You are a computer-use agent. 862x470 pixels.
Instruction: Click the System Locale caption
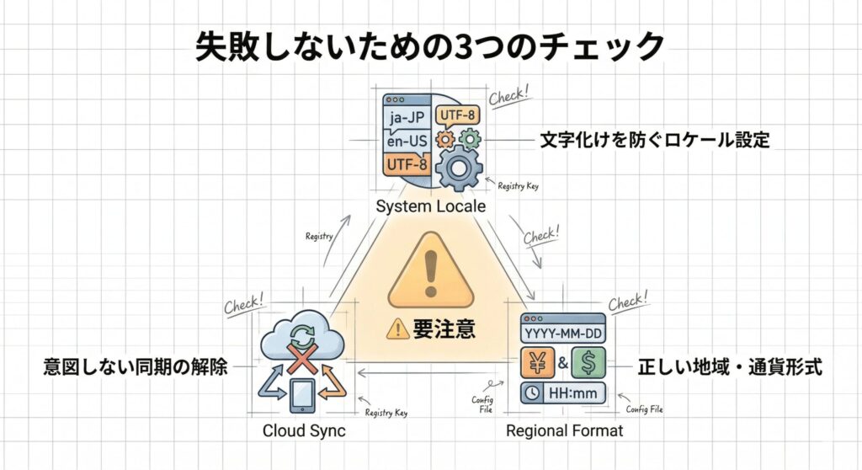[431, 206]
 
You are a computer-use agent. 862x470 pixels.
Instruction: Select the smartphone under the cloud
[302, 396]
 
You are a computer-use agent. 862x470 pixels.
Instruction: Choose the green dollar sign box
[588, 364]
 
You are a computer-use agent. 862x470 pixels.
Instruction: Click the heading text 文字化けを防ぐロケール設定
[655, 140]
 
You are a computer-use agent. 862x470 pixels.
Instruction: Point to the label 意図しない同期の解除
[136, 367]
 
